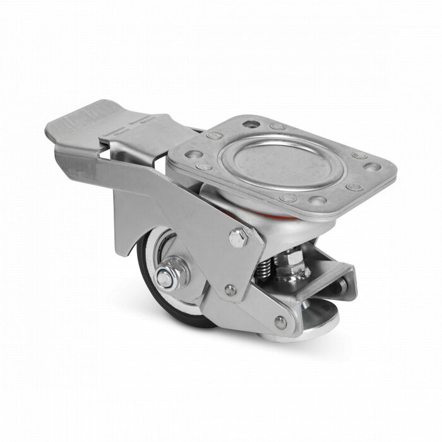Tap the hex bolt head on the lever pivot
coord(239,238)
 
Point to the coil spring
coord(265,268)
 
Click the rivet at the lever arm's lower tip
coord(280,322)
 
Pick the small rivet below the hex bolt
coord(232,290)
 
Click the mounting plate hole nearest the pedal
coord(194,154)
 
